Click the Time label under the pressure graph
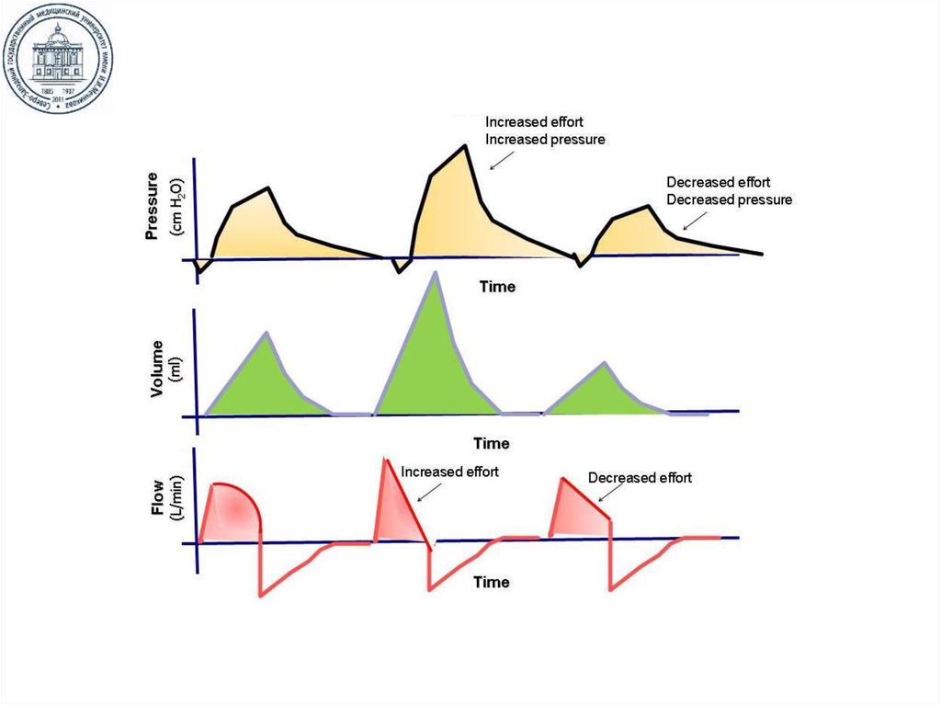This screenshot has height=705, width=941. [497, 287]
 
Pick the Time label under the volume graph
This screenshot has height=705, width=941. [491, 444]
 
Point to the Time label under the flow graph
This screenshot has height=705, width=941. [491, 582]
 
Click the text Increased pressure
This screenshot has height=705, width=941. [545, 140]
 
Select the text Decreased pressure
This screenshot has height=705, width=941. [729, 199]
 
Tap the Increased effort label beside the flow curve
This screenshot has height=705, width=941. [450, 472]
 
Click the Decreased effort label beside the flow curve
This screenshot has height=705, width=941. [640, 478]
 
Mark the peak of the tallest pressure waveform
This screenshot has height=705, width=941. [465, 145]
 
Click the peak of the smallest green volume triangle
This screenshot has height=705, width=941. [603, 363]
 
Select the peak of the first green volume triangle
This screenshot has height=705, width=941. [266, 333]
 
